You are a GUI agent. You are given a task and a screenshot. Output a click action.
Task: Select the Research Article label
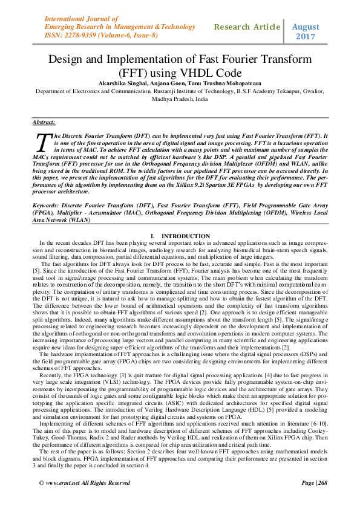pyautogui.click(x=247, y=28)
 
